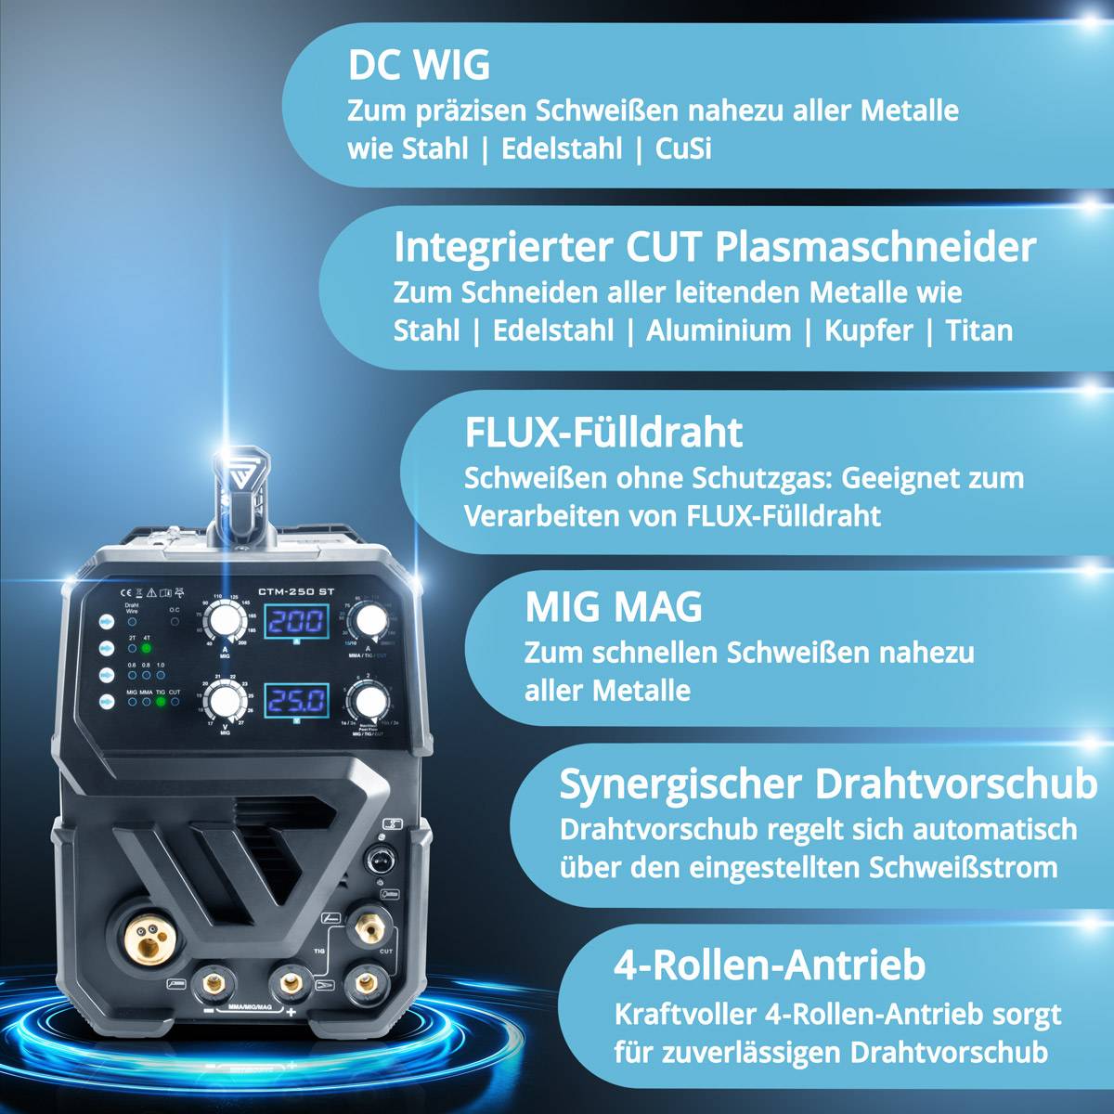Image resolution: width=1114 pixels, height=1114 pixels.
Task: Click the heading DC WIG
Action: (419, 66)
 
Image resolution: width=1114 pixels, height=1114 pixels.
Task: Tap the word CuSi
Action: (683, 149)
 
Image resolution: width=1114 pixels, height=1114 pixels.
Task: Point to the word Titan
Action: (978, 330)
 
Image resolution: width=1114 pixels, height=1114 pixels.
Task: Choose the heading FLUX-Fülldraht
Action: (603, 433)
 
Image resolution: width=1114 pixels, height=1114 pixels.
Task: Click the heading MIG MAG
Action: (614, 607)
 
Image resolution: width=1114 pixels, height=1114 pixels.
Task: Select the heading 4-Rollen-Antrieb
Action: (770, 965)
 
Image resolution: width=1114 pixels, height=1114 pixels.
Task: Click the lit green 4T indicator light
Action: (147, 649)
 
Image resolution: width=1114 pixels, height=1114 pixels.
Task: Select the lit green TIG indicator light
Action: (161, 702)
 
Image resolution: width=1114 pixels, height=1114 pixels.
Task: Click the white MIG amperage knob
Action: (222, 619)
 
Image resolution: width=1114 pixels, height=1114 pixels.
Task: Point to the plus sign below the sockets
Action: (291, 1012)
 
